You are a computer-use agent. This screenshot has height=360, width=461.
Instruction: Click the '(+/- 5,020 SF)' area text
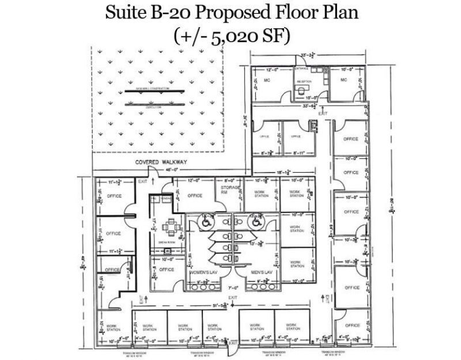(x=231, y=36)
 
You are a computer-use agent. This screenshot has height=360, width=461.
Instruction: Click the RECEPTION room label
(x=304, y=82)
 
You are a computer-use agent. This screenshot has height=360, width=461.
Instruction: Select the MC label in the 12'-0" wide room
(x=267, y=80)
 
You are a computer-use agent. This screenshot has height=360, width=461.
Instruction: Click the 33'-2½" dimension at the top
(x=306, y=56)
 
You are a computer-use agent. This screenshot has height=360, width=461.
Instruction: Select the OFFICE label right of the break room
(x=167, y=269)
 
